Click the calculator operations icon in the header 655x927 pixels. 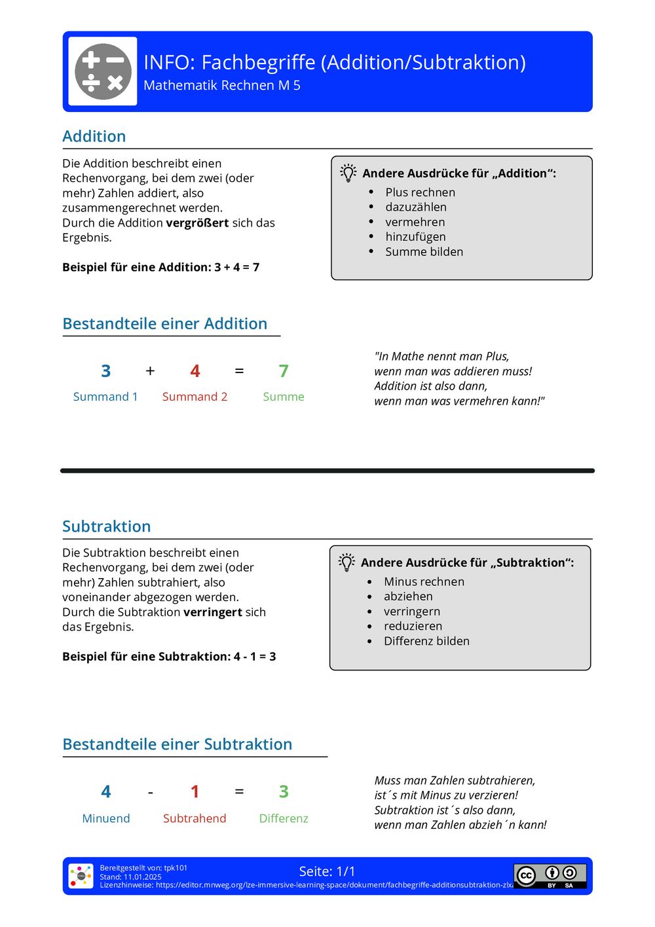click(x=103, y=71)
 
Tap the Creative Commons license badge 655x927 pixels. click(x=550, y=876)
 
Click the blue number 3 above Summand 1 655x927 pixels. click(x=106, y=371)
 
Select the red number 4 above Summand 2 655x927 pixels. click(x=195, y=371)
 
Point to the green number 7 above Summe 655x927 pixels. click(x=284, y=371)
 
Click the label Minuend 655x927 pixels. click(x=106, y=818)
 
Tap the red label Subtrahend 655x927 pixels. click(x=195, y=818)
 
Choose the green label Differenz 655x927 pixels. click(x=284, y=818)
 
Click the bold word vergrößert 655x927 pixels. click(x=197, y=223)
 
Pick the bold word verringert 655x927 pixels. click(x=213, y=612)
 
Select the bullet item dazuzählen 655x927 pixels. click(x=416, y=207)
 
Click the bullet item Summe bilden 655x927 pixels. click(x=424, y=252)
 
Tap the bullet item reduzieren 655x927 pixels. click(x=413, y=626)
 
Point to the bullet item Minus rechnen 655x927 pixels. click(x=424, y=581)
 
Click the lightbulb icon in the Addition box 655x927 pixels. click(x=348, y=173)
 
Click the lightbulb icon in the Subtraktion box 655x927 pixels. click(x=346, y=562)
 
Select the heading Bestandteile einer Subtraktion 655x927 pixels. click(x=178, y=744)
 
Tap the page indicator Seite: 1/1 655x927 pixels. click(x=327, y=871)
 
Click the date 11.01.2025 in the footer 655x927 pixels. click(x=143, y=877)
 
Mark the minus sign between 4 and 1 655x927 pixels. click(x=151, y=793)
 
